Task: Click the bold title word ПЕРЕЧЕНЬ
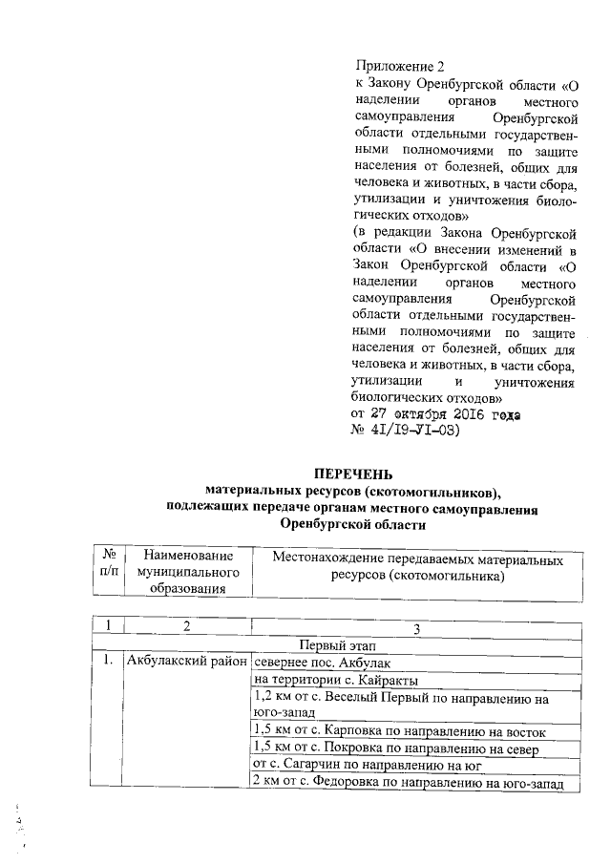pyautogui.click(x=353, y=474)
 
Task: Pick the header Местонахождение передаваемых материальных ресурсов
pyautogui.click(x=416, y=567)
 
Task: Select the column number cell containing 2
pyautogui.click(x=187, y=626)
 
